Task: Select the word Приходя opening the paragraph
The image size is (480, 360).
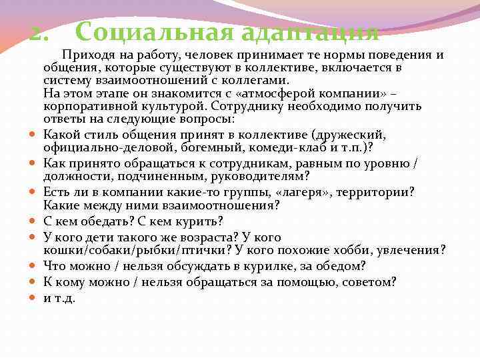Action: (x=85, y=55)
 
